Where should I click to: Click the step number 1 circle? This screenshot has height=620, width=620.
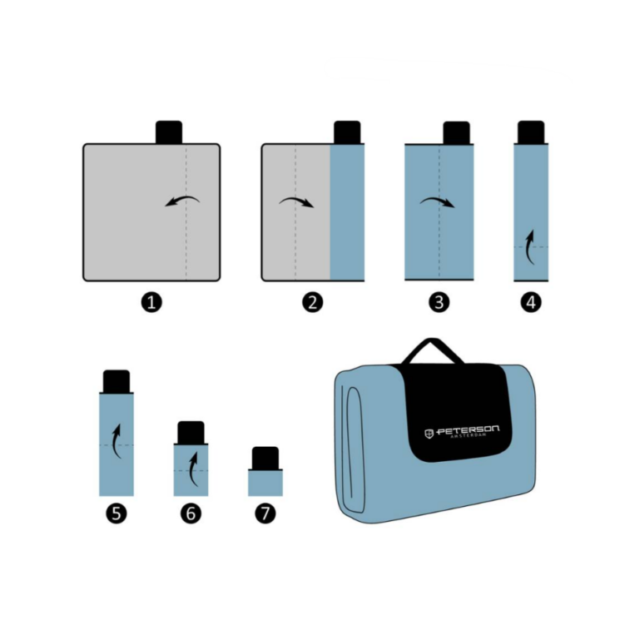click(151, 302)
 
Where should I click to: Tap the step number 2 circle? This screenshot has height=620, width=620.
click(313, 302)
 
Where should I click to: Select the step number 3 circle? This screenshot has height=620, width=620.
click(439, 302)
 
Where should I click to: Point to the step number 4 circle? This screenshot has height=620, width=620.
click(531, 302)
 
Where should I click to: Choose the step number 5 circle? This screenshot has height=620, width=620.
click(117, 513)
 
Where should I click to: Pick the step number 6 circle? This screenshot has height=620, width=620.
click(191, 513)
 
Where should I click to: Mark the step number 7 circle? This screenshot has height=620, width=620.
click(265, 513)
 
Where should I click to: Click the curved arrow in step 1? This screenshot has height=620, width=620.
click(183, 199)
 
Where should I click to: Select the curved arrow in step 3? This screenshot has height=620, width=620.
click(437, 200)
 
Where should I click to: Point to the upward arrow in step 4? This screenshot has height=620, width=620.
click(529, 247)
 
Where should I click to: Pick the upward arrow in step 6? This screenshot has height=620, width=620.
click(191, 469)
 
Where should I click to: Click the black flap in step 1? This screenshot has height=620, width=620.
click(169, 132)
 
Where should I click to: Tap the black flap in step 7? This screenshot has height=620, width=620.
click(265, 459)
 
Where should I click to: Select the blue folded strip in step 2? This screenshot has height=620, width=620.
click(347, 212)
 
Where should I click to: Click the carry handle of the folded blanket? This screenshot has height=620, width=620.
click(433, 349)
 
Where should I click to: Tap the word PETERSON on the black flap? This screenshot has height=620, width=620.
click(468, 430)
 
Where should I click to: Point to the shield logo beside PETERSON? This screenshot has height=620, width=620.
click(429, 434)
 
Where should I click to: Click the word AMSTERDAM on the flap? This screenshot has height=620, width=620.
click(469, 436)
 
